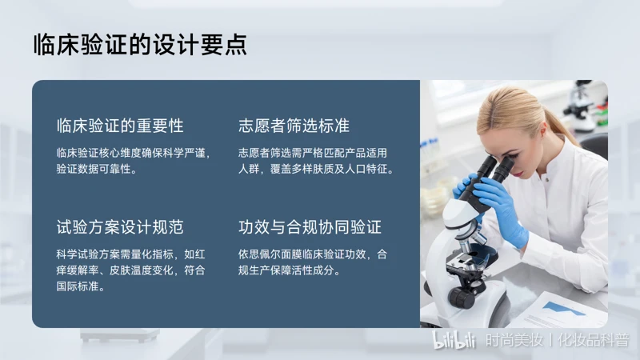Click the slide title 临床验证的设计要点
click(x=140, y=45)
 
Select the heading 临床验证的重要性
click(x=120, y=126)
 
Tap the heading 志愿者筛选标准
click(x=294, y=126)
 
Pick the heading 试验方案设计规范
click(x=120, y=227)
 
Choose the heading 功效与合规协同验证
click(x=310, y=227)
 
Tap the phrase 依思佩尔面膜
click(x=270, y=254)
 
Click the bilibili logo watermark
click(x=454, y=340)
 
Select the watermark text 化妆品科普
click(x=593, y=340)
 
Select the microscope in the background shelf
click(x=582, y=107)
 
